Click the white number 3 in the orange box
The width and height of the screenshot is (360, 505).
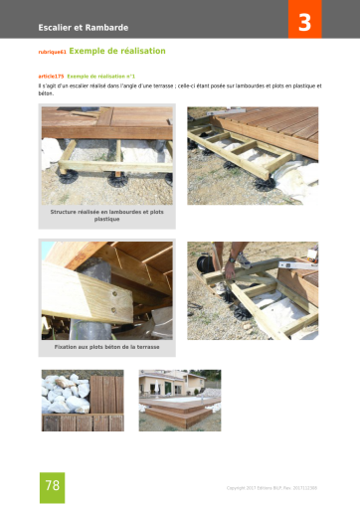pos(304,20)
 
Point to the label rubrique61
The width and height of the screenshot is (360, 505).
pos(50,52)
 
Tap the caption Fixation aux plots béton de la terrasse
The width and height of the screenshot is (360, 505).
pos(106,347)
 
